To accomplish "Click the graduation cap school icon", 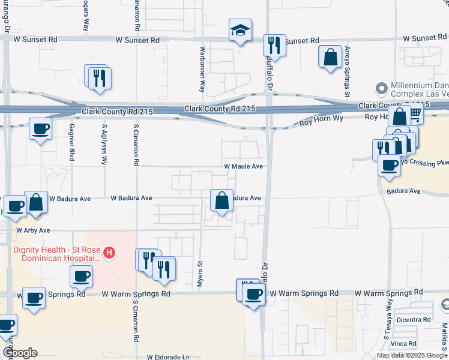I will tap(240, 30).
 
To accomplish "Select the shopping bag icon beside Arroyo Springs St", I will tap(330, 58).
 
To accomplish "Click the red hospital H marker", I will tap(109, 253).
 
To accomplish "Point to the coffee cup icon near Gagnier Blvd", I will tap(40, 129).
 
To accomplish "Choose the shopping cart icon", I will tap(414, 113).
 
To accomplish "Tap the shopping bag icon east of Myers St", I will tap(221, 201).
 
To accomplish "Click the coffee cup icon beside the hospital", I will tap(81, 277).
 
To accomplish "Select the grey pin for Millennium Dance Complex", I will tap(381, 89).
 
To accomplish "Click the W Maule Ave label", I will tap(244, 166).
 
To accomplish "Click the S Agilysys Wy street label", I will tap(104, 144).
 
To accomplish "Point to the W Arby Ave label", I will tap(33, 230).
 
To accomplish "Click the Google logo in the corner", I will tap(20, 353).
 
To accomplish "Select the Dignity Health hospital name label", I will tap(55, 253).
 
